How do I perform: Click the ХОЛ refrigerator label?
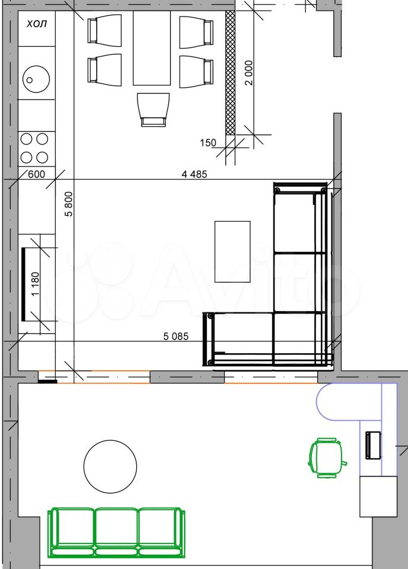click(37, 24)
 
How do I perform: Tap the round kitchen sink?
click(36, 79)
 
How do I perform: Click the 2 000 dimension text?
click(248, 72)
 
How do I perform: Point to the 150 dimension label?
click(208, 143)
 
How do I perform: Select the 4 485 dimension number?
click(194, 174)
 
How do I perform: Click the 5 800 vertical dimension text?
click(69, 204)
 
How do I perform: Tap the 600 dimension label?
click(37, 174)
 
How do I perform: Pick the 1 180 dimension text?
click(35, 284)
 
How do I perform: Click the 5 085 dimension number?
click(176, 337)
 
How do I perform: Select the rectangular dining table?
click(152, 48)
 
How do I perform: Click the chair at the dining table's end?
click(154, 110)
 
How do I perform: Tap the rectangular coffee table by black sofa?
click(232, 251)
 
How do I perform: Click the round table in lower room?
click(110, 466)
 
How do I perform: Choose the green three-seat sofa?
click(116, 532)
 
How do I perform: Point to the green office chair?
click(326, 458)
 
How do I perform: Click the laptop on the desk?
click(373, 445)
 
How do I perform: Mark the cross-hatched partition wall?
click(230, 72)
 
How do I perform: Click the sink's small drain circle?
click(30, 80)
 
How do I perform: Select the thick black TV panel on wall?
click(24, 284)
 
